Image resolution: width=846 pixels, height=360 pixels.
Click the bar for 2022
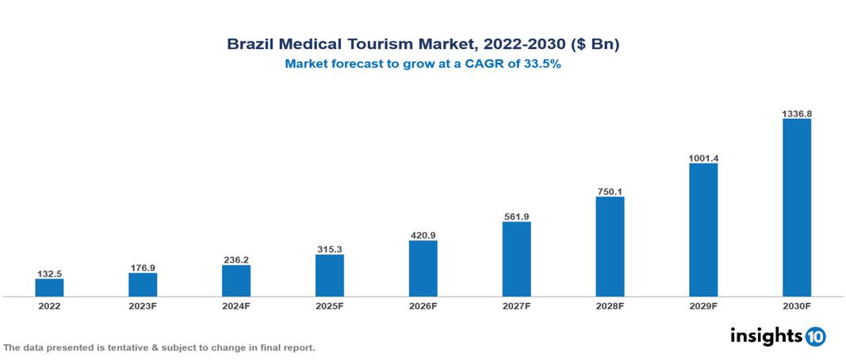click(49, 287)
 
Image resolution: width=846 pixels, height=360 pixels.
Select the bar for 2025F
click(329, 275)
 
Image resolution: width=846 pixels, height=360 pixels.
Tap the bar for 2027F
click(516, 259)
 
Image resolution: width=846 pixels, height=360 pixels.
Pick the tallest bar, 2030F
click(796, 208)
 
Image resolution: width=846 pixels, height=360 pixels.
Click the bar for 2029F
click(703, 230)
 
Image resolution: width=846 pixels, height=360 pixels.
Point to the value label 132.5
click(49, 274)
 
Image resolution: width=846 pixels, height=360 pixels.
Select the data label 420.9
click(423, 236)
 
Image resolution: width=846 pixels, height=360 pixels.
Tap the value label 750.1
click(610, 191)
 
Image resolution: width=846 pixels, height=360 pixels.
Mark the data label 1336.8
click(796, 113)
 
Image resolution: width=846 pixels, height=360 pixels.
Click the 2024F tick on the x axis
click(236, 306)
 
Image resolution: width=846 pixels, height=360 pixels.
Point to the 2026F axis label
click(423, 306)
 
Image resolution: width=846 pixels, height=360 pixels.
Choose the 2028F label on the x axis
click(610, 306)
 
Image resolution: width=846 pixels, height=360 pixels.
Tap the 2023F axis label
click(143, 306)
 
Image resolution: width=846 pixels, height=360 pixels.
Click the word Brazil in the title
click(248, 44)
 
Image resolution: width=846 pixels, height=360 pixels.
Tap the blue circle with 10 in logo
click(815, 336)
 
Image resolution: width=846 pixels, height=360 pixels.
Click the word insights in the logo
click(766, 335)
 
